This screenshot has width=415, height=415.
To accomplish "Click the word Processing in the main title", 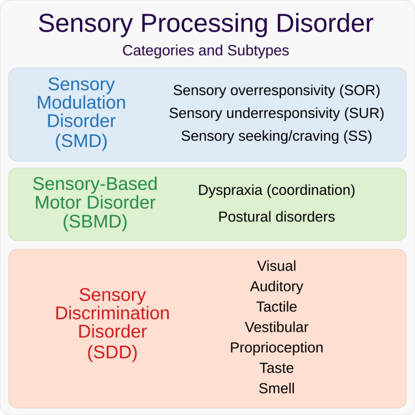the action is pyautogui.click(x=204, y=24).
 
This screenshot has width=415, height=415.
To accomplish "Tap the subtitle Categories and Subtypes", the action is pyautogui.click(x=206, y=50).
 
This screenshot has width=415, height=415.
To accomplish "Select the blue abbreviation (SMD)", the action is pyautogui.click(x=81, y=141).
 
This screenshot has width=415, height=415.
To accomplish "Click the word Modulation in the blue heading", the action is pyautogui.click(x=81, y=103).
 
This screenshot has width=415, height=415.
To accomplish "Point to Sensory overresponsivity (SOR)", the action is pyautogui.click(x=277, y=91).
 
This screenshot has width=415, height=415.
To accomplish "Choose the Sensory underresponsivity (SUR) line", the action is pyautogui.click(x=277, y=113).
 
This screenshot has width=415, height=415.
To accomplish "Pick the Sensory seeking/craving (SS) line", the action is pyautogui.click(x=277, y=136).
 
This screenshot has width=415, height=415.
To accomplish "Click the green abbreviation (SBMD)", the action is pyautogui.click(x=95, y=222).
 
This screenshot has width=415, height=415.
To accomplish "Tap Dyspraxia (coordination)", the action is pyautogui.click(x=277, y=190).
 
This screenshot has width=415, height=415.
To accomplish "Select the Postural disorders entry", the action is pyautogui.click(x=277, y=217).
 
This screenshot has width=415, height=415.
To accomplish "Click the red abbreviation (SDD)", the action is pyautogui.click(x=112, y=352).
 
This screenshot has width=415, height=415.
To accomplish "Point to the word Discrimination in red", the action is pyautogui.click(x=112, y=313).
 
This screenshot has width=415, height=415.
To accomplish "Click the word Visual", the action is pyautogui.click(x=277, y=266).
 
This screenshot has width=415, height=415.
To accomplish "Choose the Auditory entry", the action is pyautogui.click(x=277, y=286).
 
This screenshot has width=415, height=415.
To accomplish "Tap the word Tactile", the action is pyautogui.click(x=277, y=307).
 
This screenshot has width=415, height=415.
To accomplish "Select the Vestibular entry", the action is pyautogui.click(x=277, y=327).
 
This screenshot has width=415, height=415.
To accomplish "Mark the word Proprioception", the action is pyautogui.click(x=277, y=348).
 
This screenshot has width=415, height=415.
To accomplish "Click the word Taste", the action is pyautogui.click(x=277, y=368).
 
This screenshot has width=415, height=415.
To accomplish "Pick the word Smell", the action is pyautogui.click(x=277, y=389).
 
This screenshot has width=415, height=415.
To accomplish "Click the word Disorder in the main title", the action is pyautogui.click(x=325, y=24).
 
